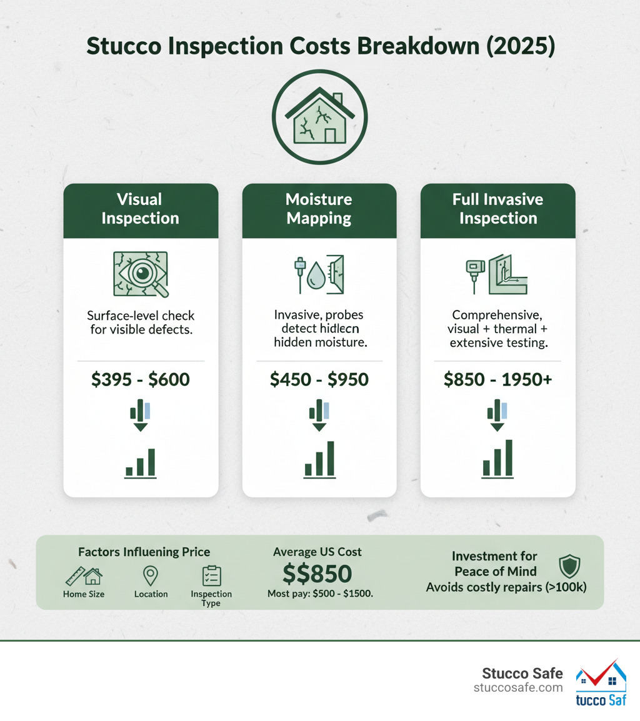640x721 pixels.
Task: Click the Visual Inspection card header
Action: pos(141,209)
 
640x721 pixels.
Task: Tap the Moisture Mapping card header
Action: pos(319,209)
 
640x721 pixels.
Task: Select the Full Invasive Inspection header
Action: pos(497,209)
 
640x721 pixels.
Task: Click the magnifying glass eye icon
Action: pos(141,274)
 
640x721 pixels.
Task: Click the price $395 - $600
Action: pos(141,379)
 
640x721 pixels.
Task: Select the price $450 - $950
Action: pos(319,379)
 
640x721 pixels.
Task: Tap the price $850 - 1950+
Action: pos(497,379)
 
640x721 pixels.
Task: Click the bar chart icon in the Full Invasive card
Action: pos(497,459)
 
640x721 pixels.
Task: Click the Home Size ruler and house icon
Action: pos(84,575)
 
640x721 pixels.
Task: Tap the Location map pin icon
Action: pos(151,575)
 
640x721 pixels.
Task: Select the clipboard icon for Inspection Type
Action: pos(211,575)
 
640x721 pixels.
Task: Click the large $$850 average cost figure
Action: pos(317,574)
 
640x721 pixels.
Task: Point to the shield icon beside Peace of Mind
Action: pos(569,565)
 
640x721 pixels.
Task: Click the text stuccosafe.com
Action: pos(518,688)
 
